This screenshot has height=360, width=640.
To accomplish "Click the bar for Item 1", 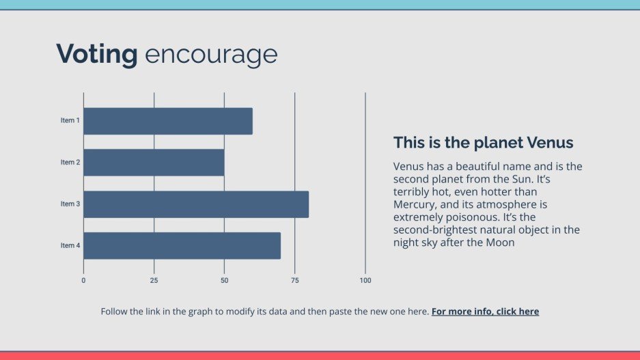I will [x=168, y=121].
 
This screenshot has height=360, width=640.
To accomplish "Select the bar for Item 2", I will [x=154, y=163].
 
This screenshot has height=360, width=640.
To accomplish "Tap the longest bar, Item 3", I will [x=196, y=204].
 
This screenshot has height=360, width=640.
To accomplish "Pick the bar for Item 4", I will [x=182, y=246].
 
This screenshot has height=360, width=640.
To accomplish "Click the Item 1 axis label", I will [x=70, y=121].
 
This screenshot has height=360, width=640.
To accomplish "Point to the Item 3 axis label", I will [x=70, y=204].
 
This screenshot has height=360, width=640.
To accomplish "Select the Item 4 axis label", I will [x=70, y=246].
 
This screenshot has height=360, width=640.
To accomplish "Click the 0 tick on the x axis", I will [x=83, y=280].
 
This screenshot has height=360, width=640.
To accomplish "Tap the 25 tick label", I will [x=154, y=280].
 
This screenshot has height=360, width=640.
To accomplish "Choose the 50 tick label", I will [x=224, y=280].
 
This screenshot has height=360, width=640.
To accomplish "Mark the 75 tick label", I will [x=295, y=280].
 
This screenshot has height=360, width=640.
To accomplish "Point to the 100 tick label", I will [x=365, y=280].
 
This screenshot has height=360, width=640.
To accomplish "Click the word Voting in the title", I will [x=97, y=54].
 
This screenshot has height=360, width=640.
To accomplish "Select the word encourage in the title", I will [x=211, y=54].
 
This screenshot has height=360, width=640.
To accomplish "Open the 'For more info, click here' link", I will [x=485, y=311].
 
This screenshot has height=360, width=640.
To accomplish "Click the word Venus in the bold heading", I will [x=550, y=143].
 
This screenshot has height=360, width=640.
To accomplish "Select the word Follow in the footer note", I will [x=114, y=311].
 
